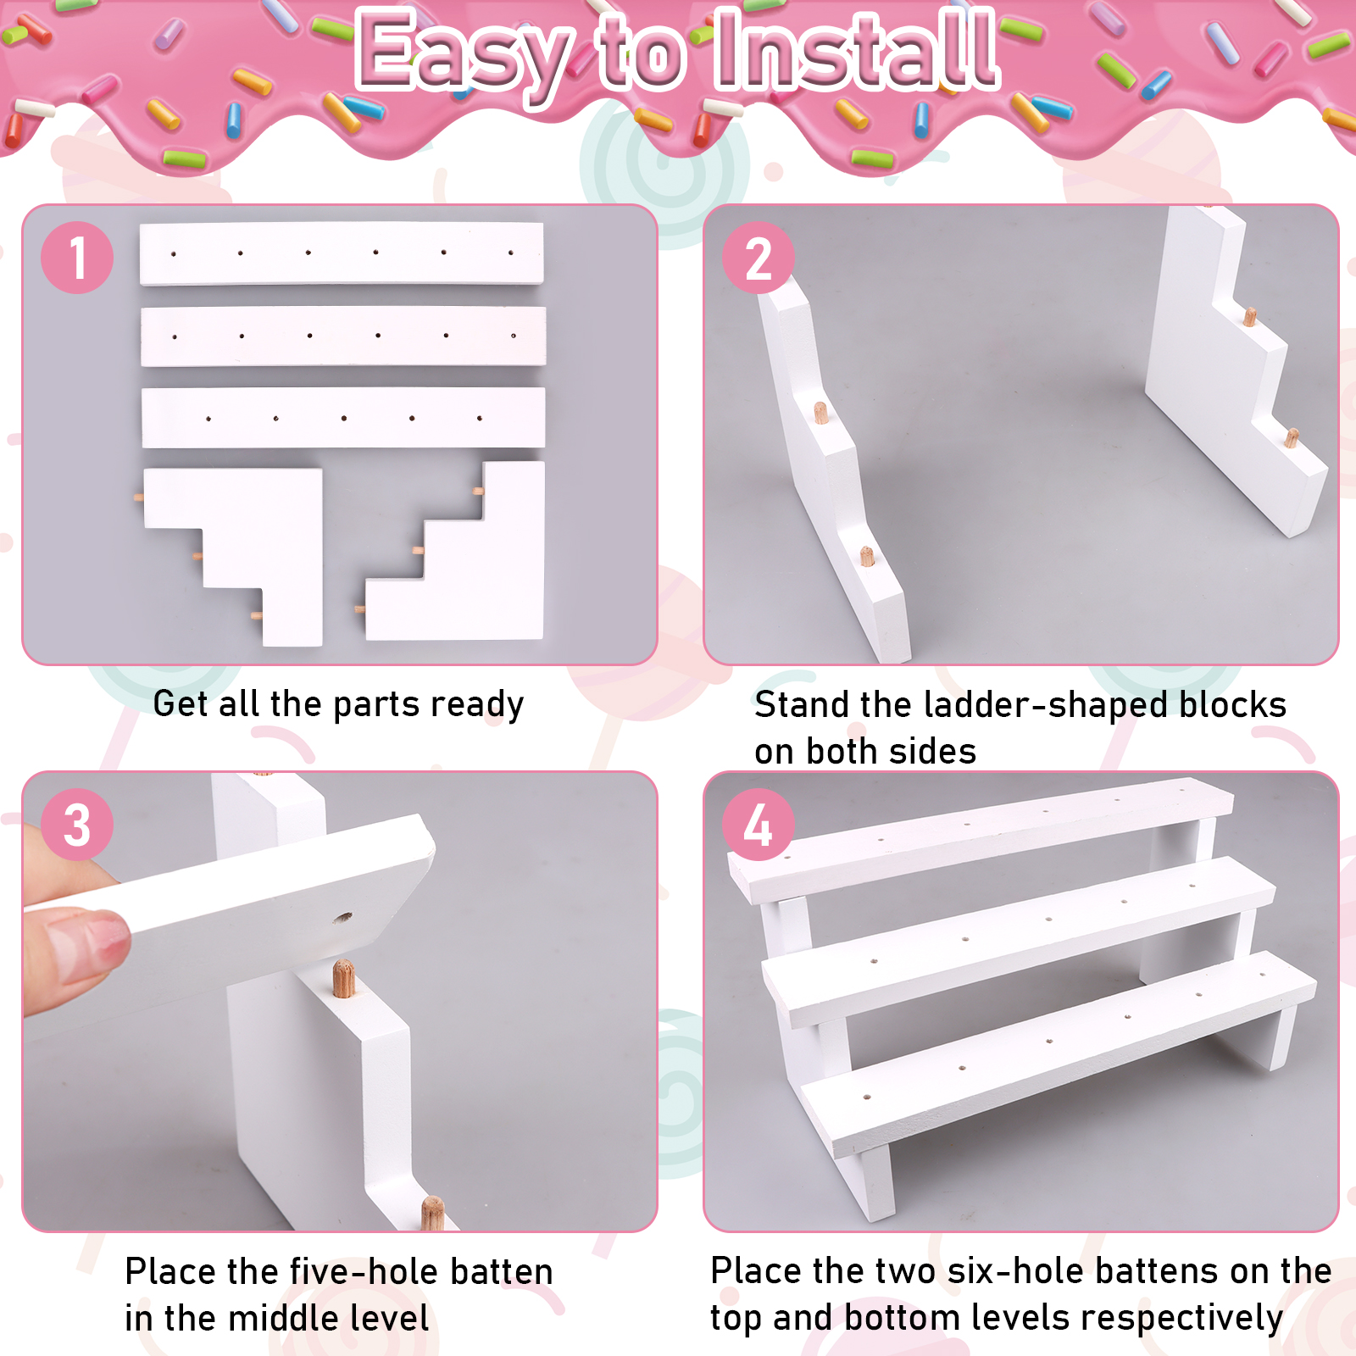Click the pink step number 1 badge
77,258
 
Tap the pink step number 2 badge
759,258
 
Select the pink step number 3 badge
77,825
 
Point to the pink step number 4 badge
759,825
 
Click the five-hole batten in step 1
343,418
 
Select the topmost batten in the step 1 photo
342,253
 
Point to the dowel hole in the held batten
342,917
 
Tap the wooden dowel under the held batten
343,978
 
